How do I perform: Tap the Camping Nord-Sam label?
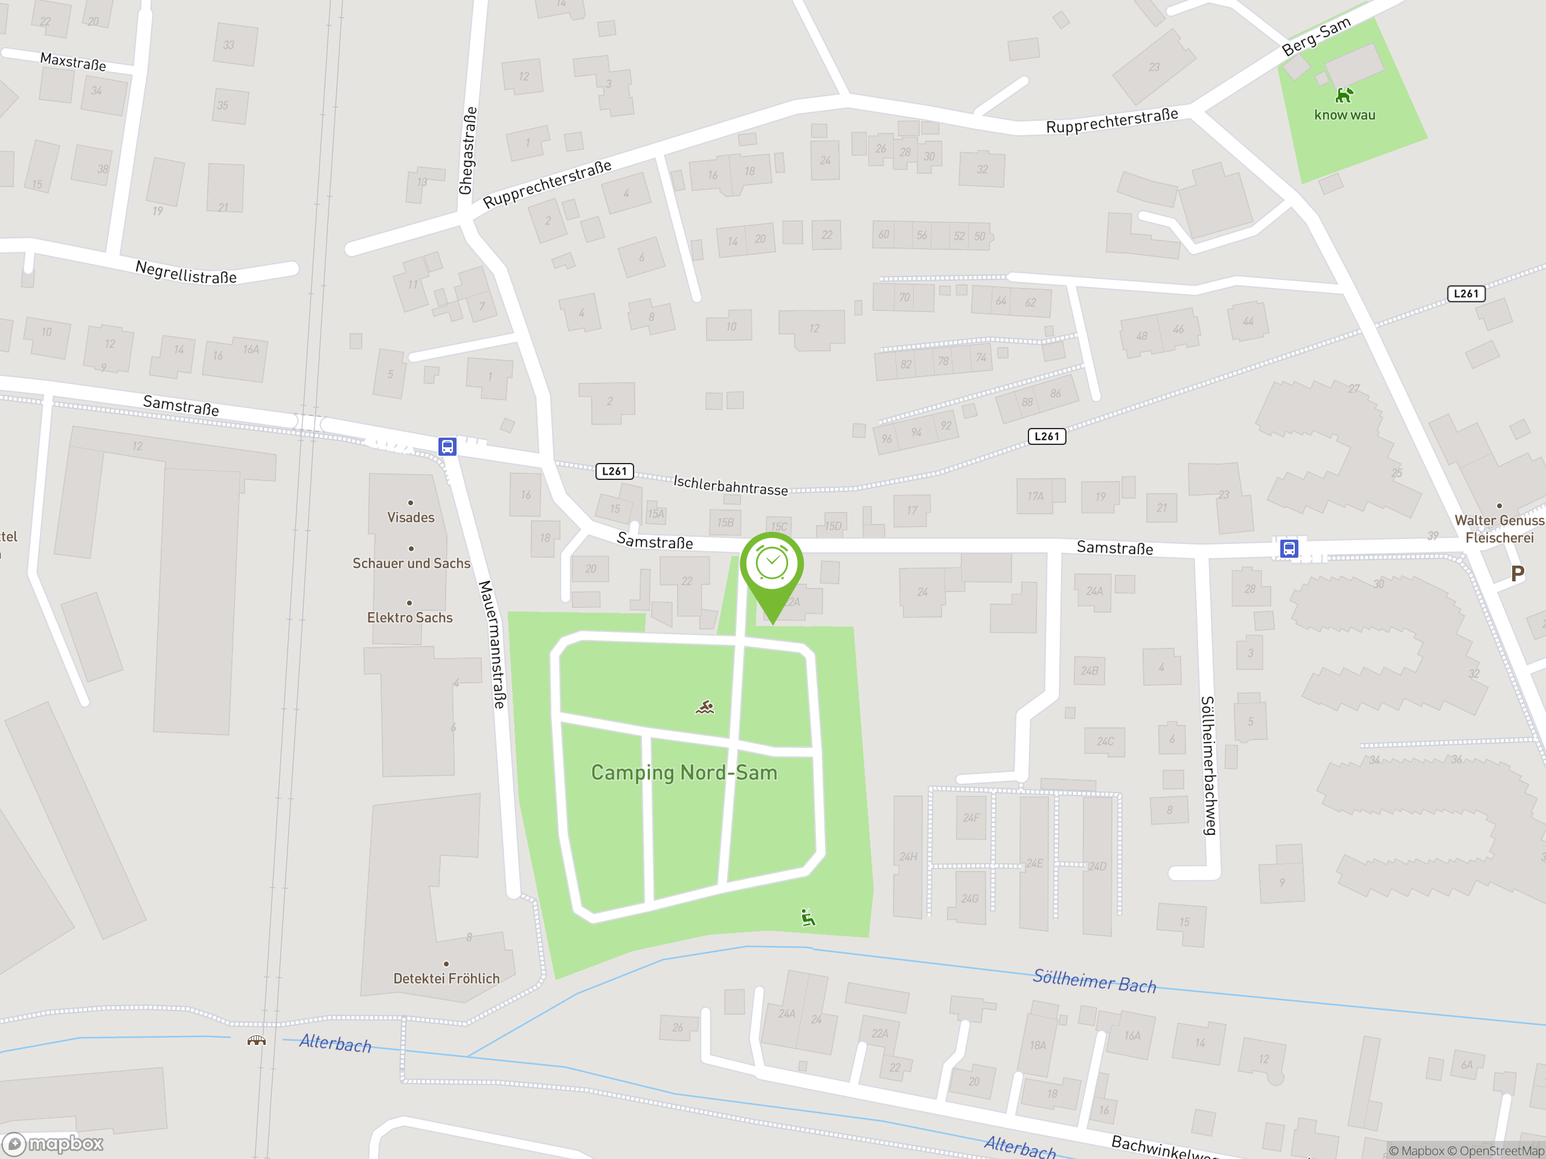(x=684, y=773)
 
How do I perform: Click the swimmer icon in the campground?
(x=705, y=707)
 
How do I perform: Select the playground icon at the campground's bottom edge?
(x=808, y=918)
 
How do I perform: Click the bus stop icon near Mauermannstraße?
(x=447, y=447)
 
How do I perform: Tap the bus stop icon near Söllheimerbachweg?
(x=1289, y=548)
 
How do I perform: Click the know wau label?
(x=1344, y=115)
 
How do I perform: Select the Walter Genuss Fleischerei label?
(x=1499, y=529)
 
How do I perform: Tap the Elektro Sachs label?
(x=409, y=618)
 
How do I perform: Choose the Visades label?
(x=411, y=518)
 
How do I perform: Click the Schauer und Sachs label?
(x=411, y=563)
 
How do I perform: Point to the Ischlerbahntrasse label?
(x=730, y=485)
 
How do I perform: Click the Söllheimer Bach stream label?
(x=1094, y=981)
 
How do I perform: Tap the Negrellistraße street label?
(x=186, y=272)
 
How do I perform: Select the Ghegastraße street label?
(x=467, y=151)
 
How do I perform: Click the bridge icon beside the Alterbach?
(x=257, y=1041)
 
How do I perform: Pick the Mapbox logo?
(x=54, y=1144)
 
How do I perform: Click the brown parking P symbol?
(x=1516, y=573)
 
